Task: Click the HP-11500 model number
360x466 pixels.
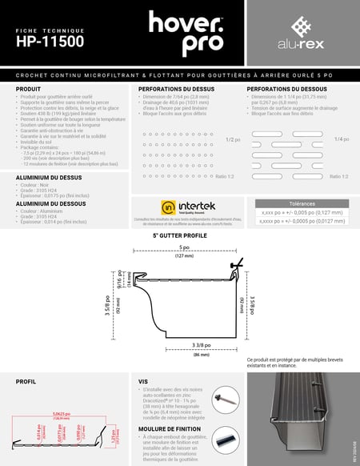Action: (50, 43)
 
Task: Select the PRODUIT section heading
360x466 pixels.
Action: (29, 88)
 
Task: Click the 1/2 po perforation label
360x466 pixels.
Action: (233, 139)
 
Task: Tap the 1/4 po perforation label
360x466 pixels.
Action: (341, 139)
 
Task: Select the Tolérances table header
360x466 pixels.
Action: (302, 203)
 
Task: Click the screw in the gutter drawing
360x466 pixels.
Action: (237, 264)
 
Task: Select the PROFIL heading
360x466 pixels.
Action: (26, 382)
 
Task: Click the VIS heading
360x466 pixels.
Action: (143, 382)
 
